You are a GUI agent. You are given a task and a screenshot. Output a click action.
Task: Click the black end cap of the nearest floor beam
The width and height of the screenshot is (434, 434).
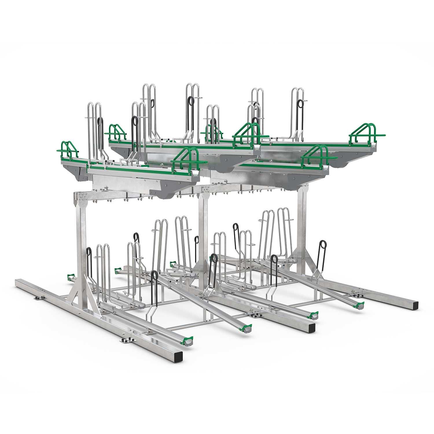(179, 353)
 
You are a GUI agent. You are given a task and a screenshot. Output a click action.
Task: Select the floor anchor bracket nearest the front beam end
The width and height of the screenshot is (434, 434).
(125, 340)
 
